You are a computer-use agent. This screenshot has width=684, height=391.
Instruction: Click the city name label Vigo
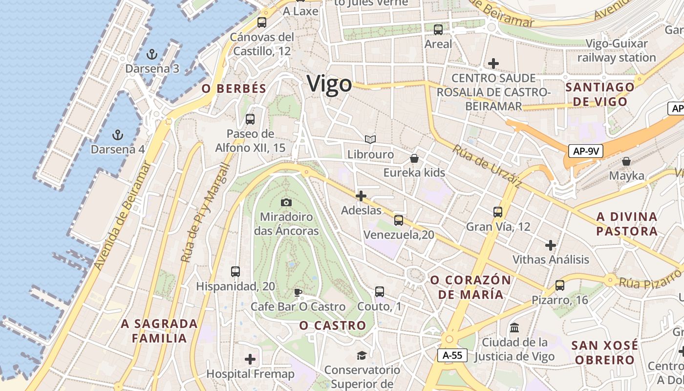tap(329, 84)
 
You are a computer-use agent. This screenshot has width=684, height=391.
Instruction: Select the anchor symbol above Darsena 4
tap(117, 134)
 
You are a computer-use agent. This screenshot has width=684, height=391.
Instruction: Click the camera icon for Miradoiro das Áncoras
tap(286, 202)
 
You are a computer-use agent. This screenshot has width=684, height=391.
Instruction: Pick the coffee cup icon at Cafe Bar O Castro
tap(298, 292)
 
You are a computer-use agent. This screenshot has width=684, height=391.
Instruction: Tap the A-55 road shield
tap(452, 355)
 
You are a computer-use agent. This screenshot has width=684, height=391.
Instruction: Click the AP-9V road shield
tap(586, 151)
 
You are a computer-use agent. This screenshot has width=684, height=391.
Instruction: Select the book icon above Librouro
tap(370, 140)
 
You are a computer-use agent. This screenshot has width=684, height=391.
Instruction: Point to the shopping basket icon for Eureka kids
tap(414, 158)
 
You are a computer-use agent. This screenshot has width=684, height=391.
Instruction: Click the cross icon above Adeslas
tap(361, 196)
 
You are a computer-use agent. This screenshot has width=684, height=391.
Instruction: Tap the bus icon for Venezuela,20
tap(399, 220)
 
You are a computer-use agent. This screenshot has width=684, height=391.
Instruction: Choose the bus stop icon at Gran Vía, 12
tap(498, 212)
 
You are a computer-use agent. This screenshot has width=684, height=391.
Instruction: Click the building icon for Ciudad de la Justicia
tap(514, 327)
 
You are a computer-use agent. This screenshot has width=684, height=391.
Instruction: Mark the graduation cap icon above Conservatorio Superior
tap(362, 355)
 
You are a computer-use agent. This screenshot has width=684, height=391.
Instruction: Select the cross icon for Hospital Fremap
tap(250, 359)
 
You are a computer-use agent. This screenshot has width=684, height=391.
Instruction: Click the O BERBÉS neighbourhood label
tap(234, 88)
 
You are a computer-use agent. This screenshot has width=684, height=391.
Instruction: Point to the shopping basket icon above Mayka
tap(626, 161)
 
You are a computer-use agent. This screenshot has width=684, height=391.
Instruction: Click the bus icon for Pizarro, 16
tap(560, 285)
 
